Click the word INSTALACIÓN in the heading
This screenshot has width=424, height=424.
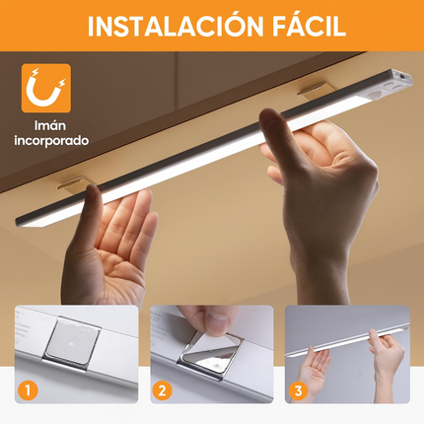pos(169,26)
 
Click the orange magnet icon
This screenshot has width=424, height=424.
pos(45,89)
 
